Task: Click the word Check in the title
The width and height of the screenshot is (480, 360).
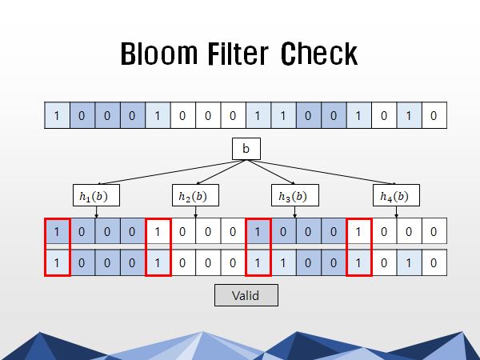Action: [x=319, y=54]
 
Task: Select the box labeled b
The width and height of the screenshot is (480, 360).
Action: [x=246, y=150]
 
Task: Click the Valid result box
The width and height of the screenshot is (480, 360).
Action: [x=246, y=295]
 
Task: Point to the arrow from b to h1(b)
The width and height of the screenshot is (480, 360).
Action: [x=168, y=171]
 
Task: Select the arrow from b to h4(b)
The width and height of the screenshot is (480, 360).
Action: [x=324, y=171]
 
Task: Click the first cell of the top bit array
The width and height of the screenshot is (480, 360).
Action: [x=57, y=116]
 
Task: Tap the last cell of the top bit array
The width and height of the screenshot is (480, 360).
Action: [x=434, y=116]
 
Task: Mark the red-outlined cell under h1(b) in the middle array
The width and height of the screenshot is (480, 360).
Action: [x=57, y=232]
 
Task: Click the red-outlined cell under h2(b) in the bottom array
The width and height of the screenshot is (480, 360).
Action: [x=158, y=262]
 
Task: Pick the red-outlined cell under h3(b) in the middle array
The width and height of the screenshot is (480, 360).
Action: [x=258, y=232]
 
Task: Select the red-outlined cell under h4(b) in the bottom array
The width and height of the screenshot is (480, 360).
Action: [x=358, y=262]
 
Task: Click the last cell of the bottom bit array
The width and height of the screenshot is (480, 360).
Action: [x=434, y=262]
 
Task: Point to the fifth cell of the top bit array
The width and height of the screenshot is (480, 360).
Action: [x=158, y=116]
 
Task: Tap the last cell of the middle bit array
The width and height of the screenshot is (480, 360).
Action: [x=434, y=232]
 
